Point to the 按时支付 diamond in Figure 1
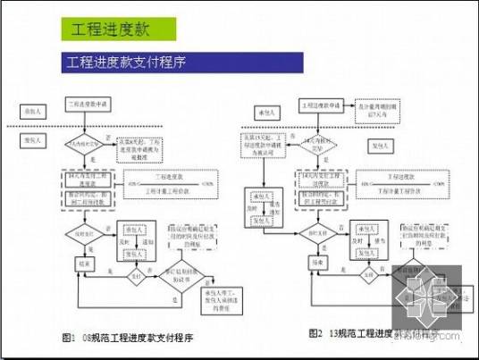(79, 233)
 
